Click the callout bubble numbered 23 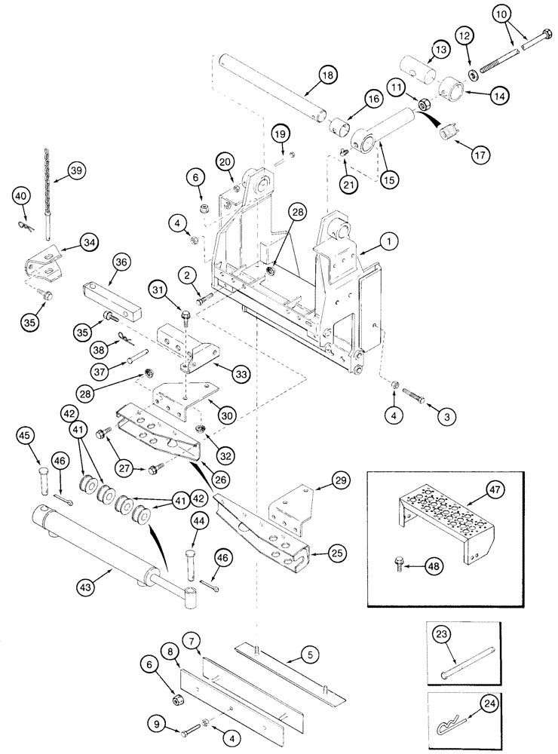tap(442, 634)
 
